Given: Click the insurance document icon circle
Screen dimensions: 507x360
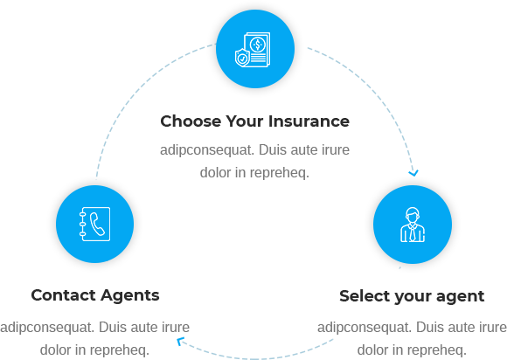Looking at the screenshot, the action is [255, 49].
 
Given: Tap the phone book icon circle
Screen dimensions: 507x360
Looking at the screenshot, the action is [94, 224].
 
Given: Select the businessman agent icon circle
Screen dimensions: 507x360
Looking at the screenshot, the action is [413, 225].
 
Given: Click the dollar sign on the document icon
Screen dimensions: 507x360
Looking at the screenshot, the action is [257, 45].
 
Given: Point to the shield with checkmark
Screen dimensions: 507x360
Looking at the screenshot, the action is [242, 58].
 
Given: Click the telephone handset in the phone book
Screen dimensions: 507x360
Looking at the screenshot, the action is [97, 224].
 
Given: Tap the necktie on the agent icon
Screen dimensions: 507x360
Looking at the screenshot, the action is [413, 232].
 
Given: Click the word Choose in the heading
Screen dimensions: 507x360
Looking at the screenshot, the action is [191, 121].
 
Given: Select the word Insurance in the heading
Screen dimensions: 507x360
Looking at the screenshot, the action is [309, 121].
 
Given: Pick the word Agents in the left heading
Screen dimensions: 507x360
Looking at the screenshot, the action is [130, 296].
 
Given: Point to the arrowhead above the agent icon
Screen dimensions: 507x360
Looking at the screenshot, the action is [413, 173].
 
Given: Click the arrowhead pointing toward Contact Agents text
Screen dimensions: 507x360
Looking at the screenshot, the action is [180, 341].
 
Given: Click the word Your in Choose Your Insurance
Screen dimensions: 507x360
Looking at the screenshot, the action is [245, 121].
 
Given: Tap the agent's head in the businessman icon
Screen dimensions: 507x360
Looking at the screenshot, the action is [413, 215].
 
